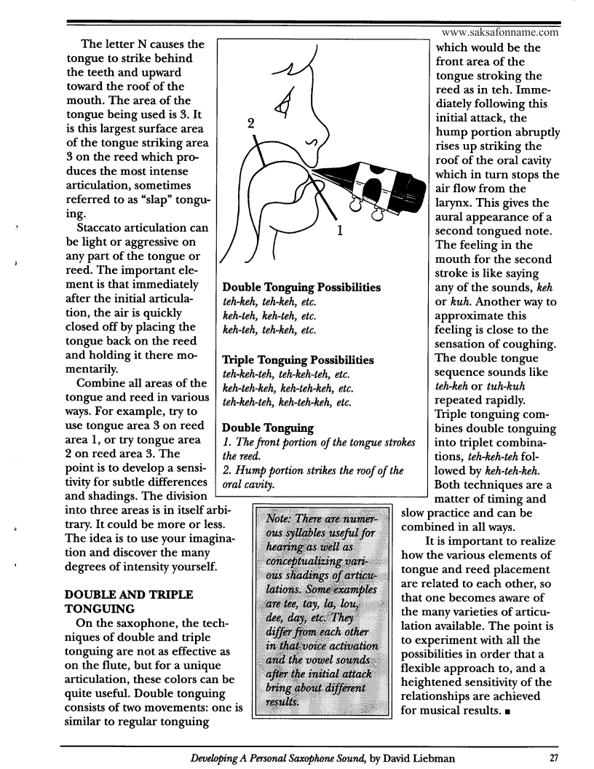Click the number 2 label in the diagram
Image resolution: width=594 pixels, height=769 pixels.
pos(250,124)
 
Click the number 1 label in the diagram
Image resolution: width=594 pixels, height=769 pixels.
pos(340,232)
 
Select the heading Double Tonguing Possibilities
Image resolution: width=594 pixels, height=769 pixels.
pos(301,288)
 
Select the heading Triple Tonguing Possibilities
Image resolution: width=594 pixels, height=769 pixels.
pos(298,360)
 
